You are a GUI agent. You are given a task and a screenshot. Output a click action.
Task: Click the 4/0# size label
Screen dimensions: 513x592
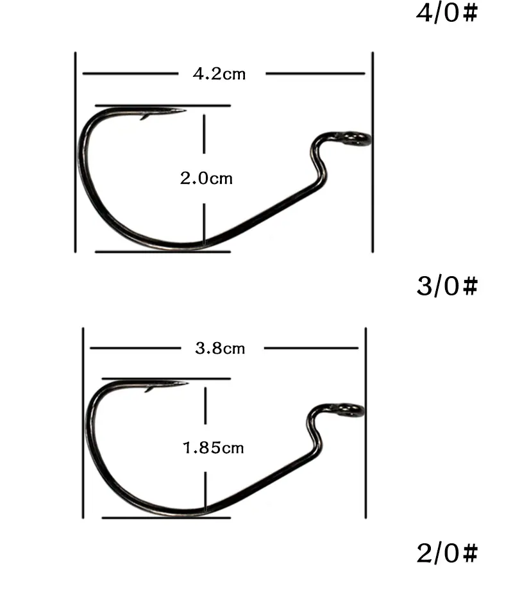click(447, 13)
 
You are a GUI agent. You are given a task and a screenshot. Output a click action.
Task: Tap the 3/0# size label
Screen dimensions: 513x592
click(447, 286)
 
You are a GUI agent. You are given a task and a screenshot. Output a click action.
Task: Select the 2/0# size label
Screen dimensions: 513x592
click(447, 553)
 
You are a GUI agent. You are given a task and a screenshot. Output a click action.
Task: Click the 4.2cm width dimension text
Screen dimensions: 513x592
click(219, 74)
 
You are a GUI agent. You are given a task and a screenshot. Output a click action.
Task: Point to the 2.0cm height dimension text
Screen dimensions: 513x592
click(206, 178)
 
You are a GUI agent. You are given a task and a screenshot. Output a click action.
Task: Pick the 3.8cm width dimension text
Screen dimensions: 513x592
click(220, 348)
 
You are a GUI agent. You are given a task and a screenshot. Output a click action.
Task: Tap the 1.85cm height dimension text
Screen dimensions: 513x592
click(214, 448)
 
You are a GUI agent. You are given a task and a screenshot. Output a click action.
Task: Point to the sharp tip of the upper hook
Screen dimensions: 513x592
click(185, 111)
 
